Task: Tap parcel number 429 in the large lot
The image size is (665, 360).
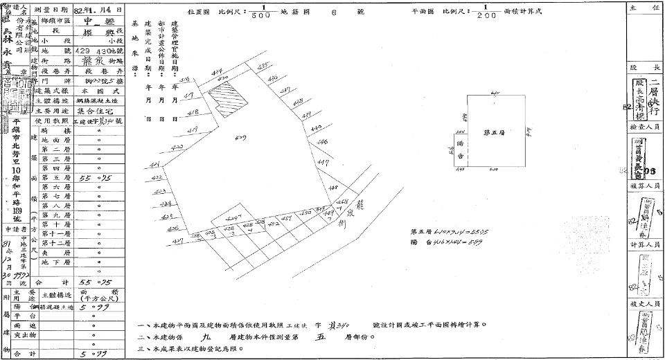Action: click(241, 138)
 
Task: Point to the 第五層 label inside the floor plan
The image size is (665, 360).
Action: click(492, 132)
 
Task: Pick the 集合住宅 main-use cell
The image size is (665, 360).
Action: click(95, 110)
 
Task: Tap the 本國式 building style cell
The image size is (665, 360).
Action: click(95, 91)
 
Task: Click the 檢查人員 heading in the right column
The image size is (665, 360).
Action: click(645, 129)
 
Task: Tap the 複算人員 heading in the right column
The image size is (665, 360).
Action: click(645, 186)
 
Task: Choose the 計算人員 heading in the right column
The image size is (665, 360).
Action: click(645, 244)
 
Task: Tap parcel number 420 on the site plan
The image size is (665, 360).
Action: click(177, 147)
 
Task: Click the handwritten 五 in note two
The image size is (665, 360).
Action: click(321, 337)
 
